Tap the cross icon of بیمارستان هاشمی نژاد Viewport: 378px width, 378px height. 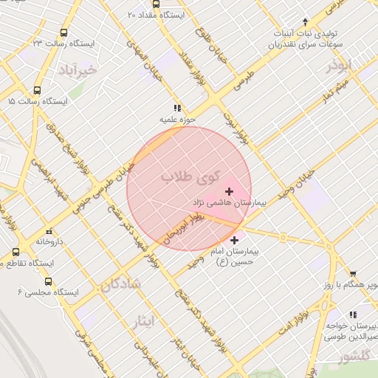[x=229, y=192]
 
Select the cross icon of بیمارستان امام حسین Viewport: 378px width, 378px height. [x=235, y=240]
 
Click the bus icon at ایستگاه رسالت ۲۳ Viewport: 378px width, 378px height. [x=64, y=33]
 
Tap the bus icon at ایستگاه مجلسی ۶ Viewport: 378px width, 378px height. [x=49, y=281]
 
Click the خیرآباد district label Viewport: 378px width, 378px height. [x=75, y=70]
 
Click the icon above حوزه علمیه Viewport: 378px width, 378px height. [x=176, y=107]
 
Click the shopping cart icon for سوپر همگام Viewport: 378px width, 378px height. [x=352, y=273]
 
